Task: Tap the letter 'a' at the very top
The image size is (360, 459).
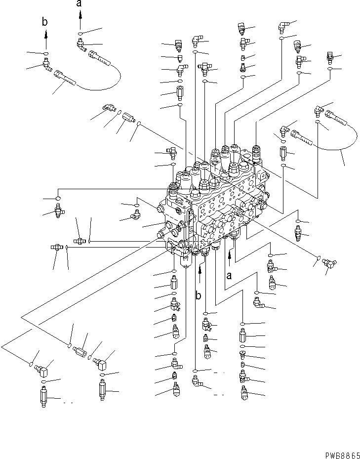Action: point(80,4)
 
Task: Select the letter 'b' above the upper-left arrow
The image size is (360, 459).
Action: point(45,22)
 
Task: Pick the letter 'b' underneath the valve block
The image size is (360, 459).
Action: point(199,296)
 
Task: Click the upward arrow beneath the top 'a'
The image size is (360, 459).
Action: point(80,21)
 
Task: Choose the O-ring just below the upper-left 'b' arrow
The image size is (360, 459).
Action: point(45,53)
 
